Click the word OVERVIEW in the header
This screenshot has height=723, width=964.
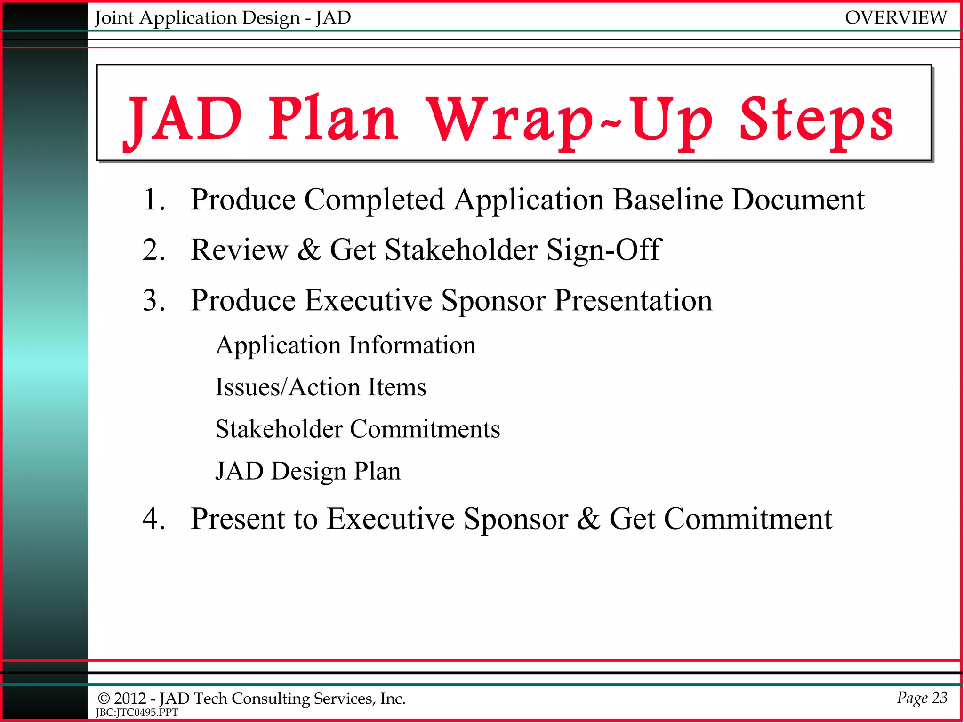[x=895, y=18]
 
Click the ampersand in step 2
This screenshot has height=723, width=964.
[x=309, y=250]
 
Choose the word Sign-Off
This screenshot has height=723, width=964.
[x=604, y=250]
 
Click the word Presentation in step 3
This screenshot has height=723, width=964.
[x=633, y=300]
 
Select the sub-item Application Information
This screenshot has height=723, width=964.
[x=345, y=345]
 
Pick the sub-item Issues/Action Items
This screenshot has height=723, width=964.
[x=321, y=387]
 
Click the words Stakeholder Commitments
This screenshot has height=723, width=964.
[x=357, y=429]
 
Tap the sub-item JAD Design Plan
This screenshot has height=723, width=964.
[x=308, y=471]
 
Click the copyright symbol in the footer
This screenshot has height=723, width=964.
[x=104, y=699]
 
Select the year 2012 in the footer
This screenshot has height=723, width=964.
[x=130, y=699]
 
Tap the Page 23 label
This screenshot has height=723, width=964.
[x=922, y=698]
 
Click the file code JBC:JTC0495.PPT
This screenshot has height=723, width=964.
[x=137, y=713]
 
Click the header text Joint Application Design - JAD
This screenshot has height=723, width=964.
[x=223, y=18]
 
